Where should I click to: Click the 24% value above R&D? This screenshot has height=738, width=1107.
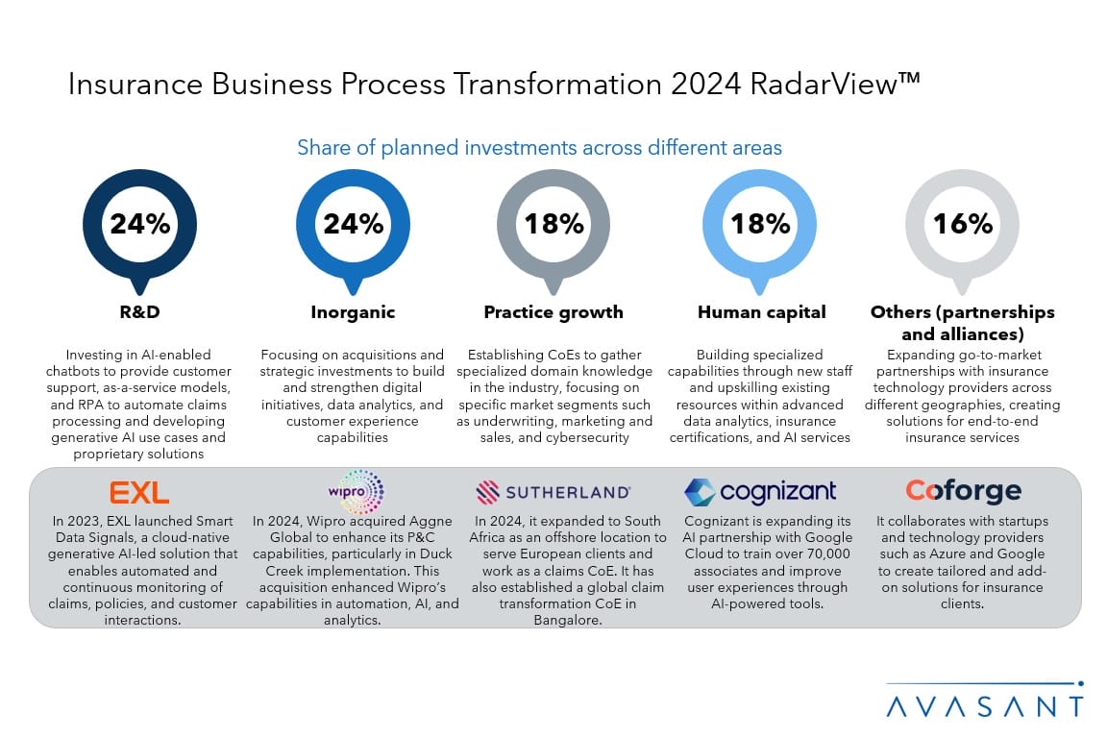pyautogui.click(x=140, y=224)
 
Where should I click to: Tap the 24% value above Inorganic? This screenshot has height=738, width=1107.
pyautogui.click(x=353, y=224)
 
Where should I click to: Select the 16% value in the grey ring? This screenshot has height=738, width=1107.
pyautogui.click(x=962, y=224)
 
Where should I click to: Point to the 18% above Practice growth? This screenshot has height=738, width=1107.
pyautogui.click(x=553, y=224)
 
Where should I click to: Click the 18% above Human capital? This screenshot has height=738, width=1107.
pyautogui.click(x=760, y=224)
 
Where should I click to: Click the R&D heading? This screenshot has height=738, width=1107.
pyautogui.click(x=140, y=312)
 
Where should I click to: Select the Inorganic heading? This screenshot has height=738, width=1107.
pyautogui.click(x=353, y=312)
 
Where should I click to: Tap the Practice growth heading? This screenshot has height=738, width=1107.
pyautogui.click(x=553, y=312)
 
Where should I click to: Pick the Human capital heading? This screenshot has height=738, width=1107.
pyautogui.click(x=761, y=312)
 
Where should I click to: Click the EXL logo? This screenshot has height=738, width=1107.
pyautogui.click(x=140, y=493)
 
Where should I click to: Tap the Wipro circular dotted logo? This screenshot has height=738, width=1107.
pyautogui.click(x=361, y=492)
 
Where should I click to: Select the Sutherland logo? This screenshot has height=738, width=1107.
pyautogui.click(x=553, y=493)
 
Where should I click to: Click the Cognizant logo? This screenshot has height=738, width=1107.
pyautogui.click(x=760, y=492)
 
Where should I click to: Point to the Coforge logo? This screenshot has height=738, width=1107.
pyautogui.click(x=963, y=491)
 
